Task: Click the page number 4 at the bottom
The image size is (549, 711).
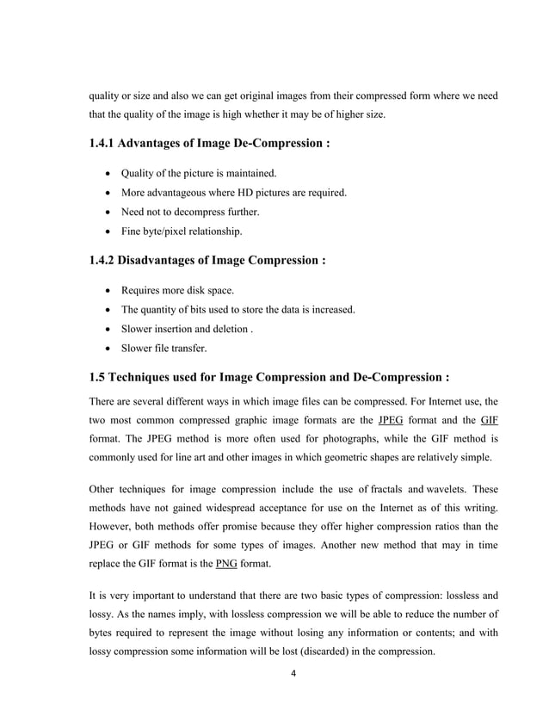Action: pos(293,671)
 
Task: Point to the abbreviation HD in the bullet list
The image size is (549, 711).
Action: pos(229,192)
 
